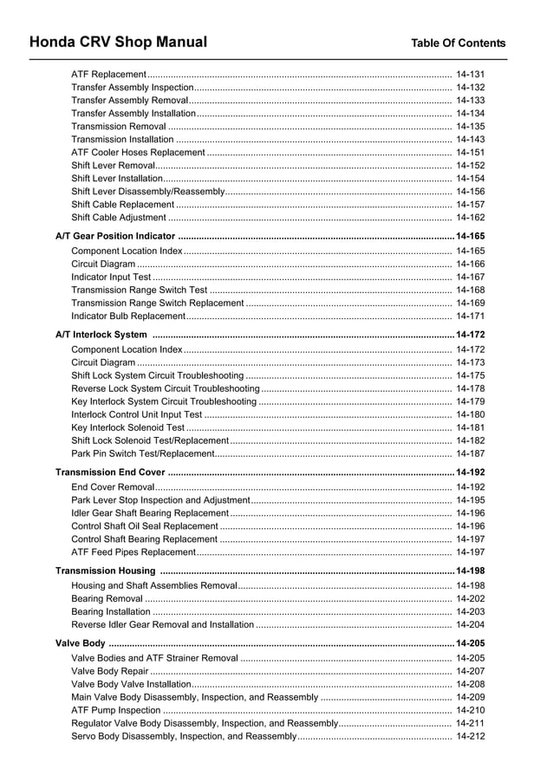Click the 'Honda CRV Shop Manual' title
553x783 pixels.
pos(118,42)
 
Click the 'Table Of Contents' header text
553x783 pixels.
pos(458,43)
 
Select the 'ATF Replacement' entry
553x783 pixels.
pos(108,75)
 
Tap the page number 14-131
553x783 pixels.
pos(470,75)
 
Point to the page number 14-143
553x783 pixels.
pos(470,140)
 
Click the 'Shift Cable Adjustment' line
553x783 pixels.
pos(119,218)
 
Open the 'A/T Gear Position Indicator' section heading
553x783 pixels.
pos(115,236)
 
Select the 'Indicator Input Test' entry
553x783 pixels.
pos(111,277)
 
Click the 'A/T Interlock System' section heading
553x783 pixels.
pos(101,335)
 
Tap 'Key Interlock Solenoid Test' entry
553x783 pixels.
pos(127,427)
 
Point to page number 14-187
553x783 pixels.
pos(470,453)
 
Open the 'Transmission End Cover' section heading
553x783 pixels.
pos(110,473)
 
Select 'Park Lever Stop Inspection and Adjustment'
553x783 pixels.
pos(160,500)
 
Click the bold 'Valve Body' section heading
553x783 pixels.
pos(81,643)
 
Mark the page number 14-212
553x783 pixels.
pos(470,736)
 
